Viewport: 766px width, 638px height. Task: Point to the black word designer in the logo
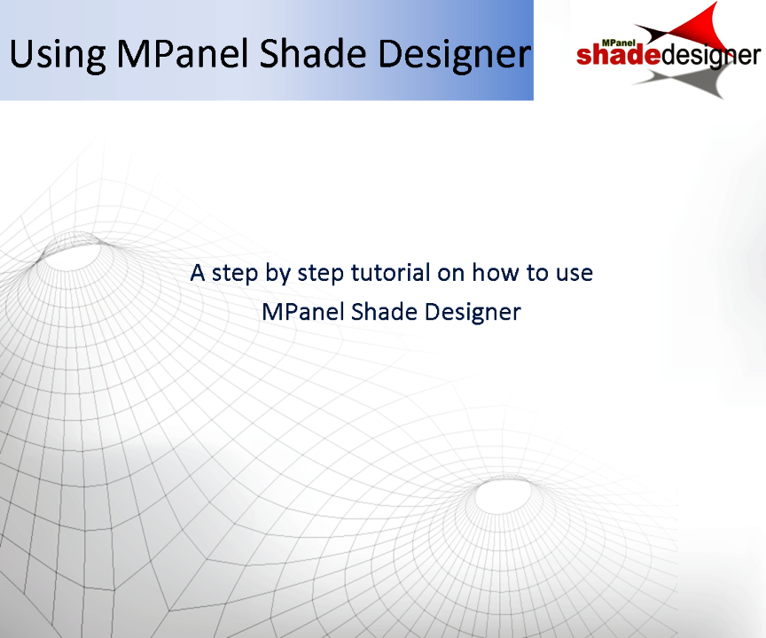[x=710, y=56]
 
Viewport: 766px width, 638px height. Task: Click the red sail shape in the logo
[x=696, y=27]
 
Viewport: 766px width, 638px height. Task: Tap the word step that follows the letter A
[x=233, y=273]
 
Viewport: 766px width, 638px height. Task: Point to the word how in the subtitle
[x=492, y=272]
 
